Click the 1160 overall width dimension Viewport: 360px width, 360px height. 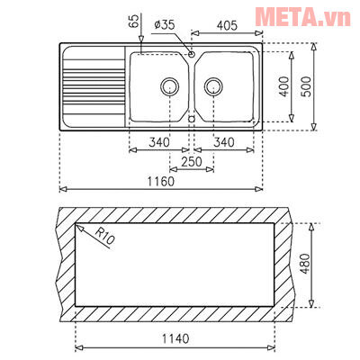[x=161, y=180]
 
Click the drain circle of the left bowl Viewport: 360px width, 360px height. [x=168, y=86]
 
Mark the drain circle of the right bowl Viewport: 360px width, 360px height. [x=213, y=86]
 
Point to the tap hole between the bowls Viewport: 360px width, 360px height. [x=191, y=55]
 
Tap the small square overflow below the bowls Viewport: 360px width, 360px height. [x=192, y=118]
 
